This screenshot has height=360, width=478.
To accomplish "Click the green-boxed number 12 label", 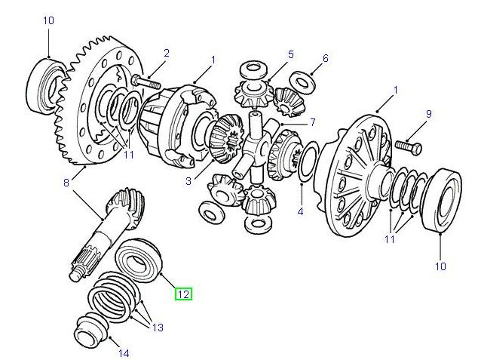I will coord(184,294).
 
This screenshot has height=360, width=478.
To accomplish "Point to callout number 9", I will coord(428,114).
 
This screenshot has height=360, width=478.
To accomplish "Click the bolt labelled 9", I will coord(403,143).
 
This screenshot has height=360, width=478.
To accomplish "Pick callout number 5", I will coord(290,54).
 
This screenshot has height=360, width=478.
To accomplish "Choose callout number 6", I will coord(326,58).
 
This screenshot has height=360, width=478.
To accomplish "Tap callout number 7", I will coord(311,122).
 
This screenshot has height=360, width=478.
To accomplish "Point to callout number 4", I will coord(300,211).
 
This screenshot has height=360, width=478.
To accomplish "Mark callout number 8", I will coord(66,181).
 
